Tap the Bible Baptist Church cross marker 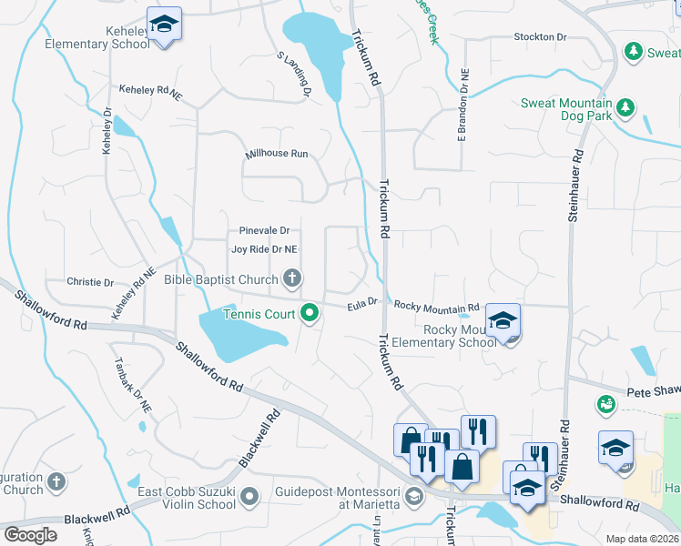pos(292,278)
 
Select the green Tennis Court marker pos(310,314)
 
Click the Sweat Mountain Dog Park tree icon pos(625,109)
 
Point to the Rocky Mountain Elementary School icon pos(502,321)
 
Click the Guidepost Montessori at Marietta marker pos(415,496)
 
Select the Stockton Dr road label pos(540,37)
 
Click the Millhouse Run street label pos(277,155)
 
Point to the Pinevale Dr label pos(264,231)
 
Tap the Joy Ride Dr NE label pos(264,249)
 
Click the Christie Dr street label pos(90,283)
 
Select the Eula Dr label pos(361,307)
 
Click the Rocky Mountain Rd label pos(435,307)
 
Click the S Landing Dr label pos(295,75)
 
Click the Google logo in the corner pos(30,534)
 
